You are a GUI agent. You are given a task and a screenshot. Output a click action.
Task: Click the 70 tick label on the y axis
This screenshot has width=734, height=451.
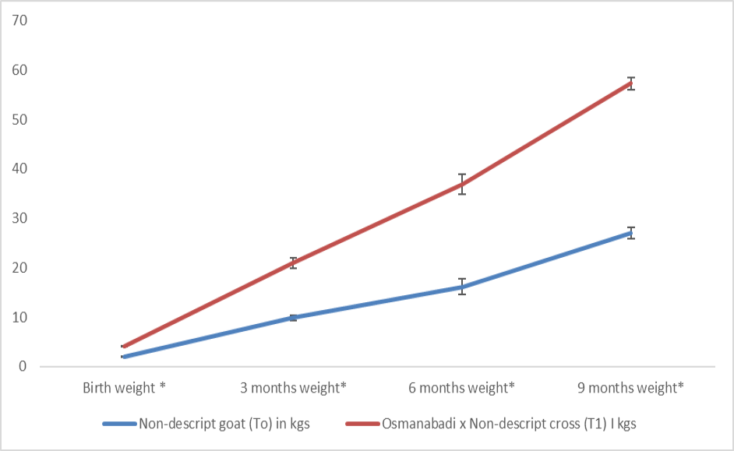coord(19,20)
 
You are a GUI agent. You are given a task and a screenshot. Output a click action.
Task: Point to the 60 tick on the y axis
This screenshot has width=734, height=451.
coord(19,69)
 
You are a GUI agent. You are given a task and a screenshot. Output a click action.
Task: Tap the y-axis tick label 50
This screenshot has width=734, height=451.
coord(19,119)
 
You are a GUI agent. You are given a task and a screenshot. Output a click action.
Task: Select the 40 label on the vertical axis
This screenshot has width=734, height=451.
coord(19,168)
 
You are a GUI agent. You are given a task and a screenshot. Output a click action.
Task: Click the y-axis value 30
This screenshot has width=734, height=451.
coord(19,218)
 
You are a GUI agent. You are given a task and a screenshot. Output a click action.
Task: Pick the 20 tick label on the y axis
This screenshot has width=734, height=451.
coord(19,268)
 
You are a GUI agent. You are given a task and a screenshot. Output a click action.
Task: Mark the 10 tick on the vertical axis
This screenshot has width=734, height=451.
coord(19,317)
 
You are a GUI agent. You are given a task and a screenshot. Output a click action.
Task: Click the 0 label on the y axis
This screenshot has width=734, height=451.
coord(23,366)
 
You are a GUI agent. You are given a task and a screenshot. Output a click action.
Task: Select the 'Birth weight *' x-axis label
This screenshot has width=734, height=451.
coord(124,388)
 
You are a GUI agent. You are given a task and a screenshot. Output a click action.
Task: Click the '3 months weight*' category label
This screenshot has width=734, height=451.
coord(293,388)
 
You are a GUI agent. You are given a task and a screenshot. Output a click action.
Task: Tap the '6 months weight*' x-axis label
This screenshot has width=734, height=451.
coord(461,388)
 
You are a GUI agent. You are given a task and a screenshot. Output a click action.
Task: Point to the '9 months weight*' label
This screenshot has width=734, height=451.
coord(630,388)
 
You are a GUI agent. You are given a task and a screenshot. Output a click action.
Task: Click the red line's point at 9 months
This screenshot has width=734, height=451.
coord(631,83)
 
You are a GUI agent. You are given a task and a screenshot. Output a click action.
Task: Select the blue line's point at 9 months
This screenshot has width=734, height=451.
coord(631,233)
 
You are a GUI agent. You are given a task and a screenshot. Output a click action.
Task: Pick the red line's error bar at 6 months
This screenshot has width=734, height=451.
coord(462,184)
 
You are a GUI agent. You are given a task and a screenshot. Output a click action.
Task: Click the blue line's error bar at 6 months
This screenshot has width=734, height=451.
coord(462,287)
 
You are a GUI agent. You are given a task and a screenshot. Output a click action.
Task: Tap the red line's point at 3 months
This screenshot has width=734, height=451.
coord(293,263)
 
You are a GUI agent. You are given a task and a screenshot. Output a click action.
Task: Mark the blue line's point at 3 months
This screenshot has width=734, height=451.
coord(293,318)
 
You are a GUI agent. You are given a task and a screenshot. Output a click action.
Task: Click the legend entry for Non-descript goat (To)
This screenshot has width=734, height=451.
coord(206,424)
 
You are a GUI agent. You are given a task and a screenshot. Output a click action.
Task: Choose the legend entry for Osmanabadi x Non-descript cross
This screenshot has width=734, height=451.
coord(491,424)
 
